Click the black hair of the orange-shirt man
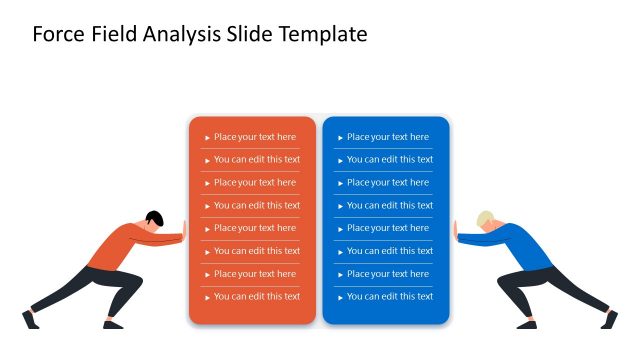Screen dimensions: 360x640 (154, 217)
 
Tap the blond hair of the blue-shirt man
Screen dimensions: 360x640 (485, 217)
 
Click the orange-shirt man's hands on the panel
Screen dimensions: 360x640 (183, 237)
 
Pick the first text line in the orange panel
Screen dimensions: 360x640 (254, 137)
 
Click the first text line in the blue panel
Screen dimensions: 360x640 (387, 137)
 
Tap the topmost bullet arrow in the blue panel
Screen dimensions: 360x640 (340, 138)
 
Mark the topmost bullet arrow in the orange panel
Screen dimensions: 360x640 (207, 138)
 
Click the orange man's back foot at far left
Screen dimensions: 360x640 (29, 319)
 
